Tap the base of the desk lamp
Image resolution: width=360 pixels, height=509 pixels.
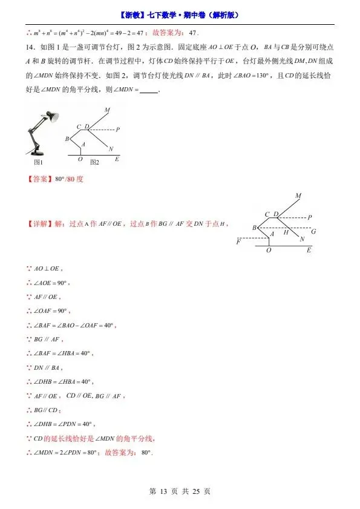point(36,155)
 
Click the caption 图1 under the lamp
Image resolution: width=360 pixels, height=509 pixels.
point(38,162)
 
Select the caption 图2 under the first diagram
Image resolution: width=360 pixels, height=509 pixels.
point(94,162)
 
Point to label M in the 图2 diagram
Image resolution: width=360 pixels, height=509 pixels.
point(107,110)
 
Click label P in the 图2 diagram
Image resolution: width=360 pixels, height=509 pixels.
point(117,130)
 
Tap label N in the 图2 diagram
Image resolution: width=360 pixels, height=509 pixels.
point(111,149)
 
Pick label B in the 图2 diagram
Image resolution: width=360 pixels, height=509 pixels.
point(67,139)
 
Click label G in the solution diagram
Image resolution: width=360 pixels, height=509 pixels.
point(313,231)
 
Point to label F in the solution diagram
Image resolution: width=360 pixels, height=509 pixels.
point(239,241)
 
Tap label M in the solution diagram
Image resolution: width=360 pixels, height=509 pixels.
point(298,195)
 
